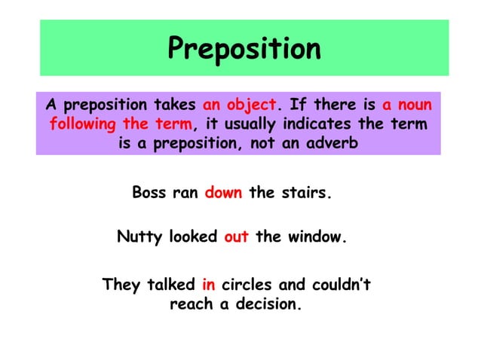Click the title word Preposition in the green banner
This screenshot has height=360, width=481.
(244, 49)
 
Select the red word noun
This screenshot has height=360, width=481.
(418, 104)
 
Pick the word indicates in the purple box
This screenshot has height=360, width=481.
(323, 124)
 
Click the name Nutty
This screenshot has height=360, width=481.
(139, 237)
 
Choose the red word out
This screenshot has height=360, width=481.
(236, 237)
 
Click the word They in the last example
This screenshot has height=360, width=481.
(121, 285)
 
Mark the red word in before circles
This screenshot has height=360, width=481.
(209, 285)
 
